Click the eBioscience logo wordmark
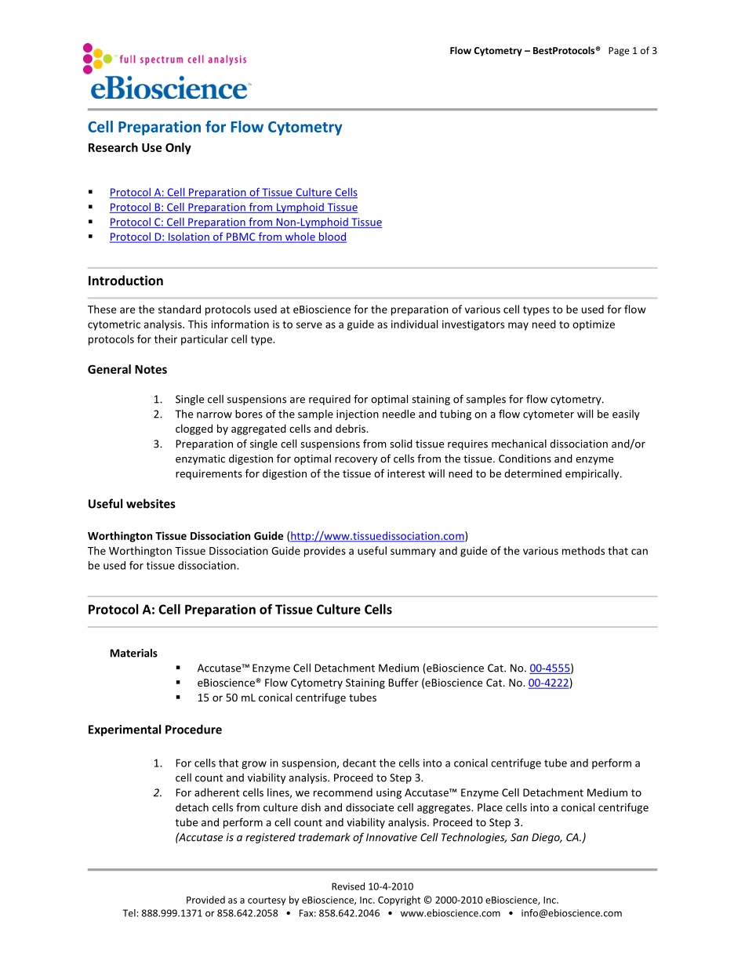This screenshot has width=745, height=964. [x=169, y=89]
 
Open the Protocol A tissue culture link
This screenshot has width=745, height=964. [x=233, y=192]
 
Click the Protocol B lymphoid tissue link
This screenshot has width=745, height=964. [x=233, y=207]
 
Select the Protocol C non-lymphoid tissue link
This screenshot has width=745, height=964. [x=245, y=222]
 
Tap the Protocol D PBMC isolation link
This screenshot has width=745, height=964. [x=227, y=237]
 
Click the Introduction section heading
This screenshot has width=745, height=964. [x=125, y=281]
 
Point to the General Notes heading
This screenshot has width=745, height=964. [x=127, y=369]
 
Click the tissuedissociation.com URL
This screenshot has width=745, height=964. [x=377, y=536]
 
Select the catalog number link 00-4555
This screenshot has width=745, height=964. [x=550, y=668]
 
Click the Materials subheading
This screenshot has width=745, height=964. [x=133, y=653]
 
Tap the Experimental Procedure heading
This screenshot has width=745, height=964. [x=154, y=730]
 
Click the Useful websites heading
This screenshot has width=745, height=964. [x=131, y=504]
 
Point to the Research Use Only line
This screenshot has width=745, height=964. [x=139, y=147]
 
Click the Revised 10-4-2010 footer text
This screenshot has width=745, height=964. [x=372, y=886]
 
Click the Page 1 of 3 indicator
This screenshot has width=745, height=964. [x=632, y=51]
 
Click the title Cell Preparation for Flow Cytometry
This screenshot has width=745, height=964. [x=214, y=127]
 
